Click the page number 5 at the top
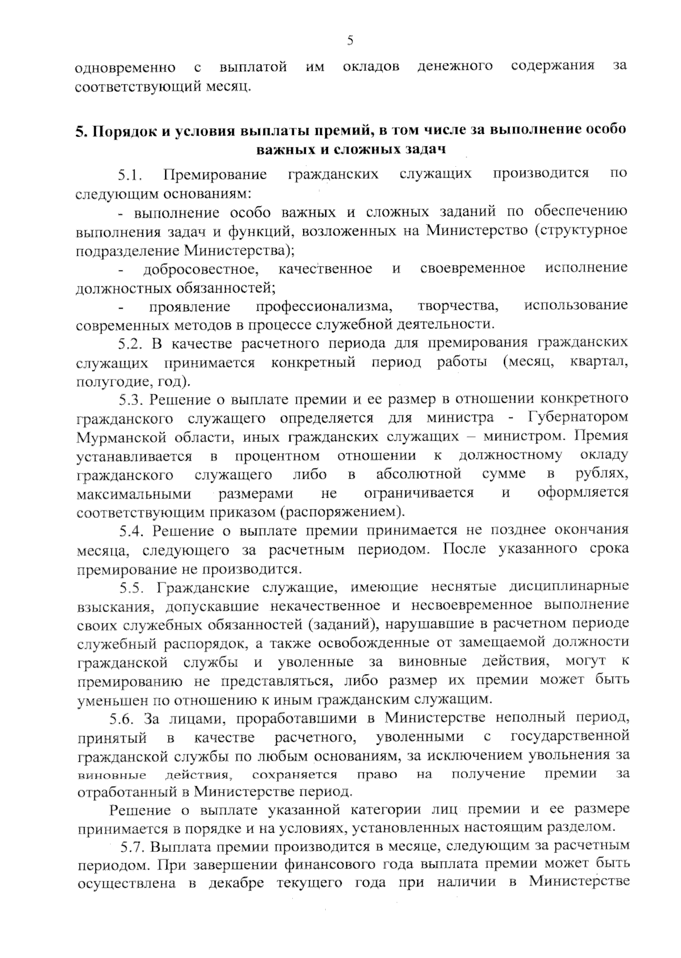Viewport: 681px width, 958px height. point(350,40)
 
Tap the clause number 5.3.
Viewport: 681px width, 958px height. point(132,400)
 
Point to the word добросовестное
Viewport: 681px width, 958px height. point(201,269)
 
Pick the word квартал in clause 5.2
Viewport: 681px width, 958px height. point(598,362)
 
